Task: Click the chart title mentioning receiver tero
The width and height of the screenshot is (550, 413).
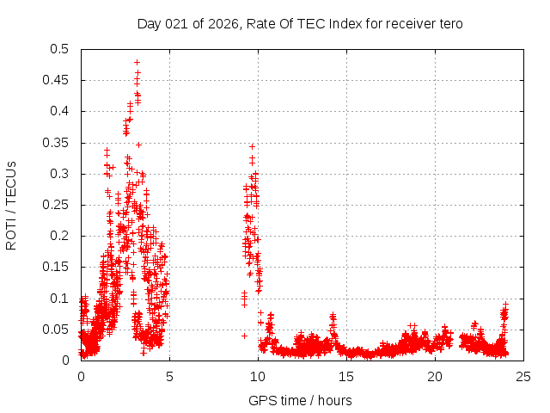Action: click(300, 23)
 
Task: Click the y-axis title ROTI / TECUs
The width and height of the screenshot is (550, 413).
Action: click(12, 205)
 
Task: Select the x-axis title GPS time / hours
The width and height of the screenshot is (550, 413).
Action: click(300, 400)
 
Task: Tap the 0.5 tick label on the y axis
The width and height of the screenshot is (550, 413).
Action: click(60, 49)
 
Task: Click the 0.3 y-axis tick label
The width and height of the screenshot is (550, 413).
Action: click(60, 174)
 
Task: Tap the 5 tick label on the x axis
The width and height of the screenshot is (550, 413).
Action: click(169, 376)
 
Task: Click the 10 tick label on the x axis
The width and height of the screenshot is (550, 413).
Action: click(258, 376)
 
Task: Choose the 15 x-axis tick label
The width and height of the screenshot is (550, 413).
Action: click(346, 376)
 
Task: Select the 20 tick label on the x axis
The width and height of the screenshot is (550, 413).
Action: click(435, 376)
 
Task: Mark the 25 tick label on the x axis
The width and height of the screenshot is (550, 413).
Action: click(523, 376)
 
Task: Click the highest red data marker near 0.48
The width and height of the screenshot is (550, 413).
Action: click(137, 62)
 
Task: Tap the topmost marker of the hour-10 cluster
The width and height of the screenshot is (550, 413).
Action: click(252, 146)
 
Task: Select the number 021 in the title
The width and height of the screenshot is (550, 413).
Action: click(174, 23)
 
